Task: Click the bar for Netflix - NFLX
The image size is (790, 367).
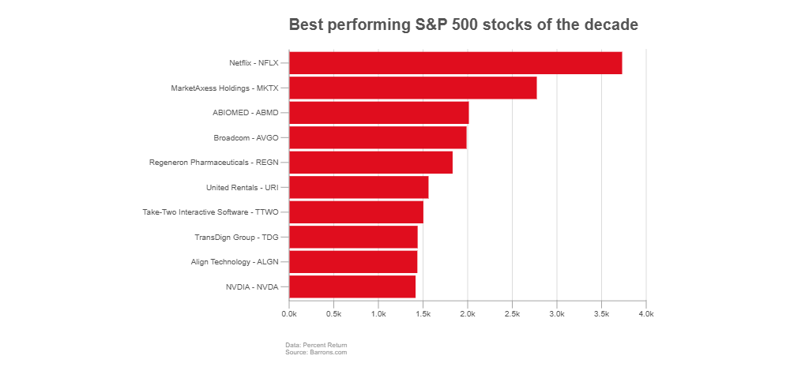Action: (456, 63)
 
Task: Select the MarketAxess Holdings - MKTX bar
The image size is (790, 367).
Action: (413, 88)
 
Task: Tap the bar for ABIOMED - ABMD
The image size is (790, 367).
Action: (379, 113)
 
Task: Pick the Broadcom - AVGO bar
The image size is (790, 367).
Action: (378, 137)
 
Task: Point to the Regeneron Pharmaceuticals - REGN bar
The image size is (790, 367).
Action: (371, 163)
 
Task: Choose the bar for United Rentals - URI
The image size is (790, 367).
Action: (359, 188)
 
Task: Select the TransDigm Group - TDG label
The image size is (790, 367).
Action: (236, 238)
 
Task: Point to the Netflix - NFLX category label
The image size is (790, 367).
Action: (254, 63)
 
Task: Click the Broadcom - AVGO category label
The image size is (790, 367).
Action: (246, 138)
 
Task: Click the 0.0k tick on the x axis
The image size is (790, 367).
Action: (289, 314)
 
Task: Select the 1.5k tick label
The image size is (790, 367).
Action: (423, 314)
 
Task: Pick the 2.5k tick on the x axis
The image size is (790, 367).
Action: (512, 314)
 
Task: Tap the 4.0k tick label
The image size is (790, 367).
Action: (646, 314)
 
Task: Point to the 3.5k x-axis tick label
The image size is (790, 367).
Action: (601, 314)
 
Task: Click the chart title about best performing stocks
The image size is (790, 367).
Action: (463, 25)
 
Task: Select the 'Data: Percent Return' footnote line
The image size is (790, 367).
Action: (316, 345)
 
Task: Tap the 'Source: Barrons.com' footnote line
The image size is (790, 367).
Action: (316, 352)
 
